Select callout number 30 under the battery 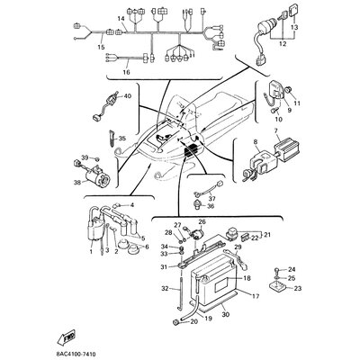(x=225, y=312)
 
